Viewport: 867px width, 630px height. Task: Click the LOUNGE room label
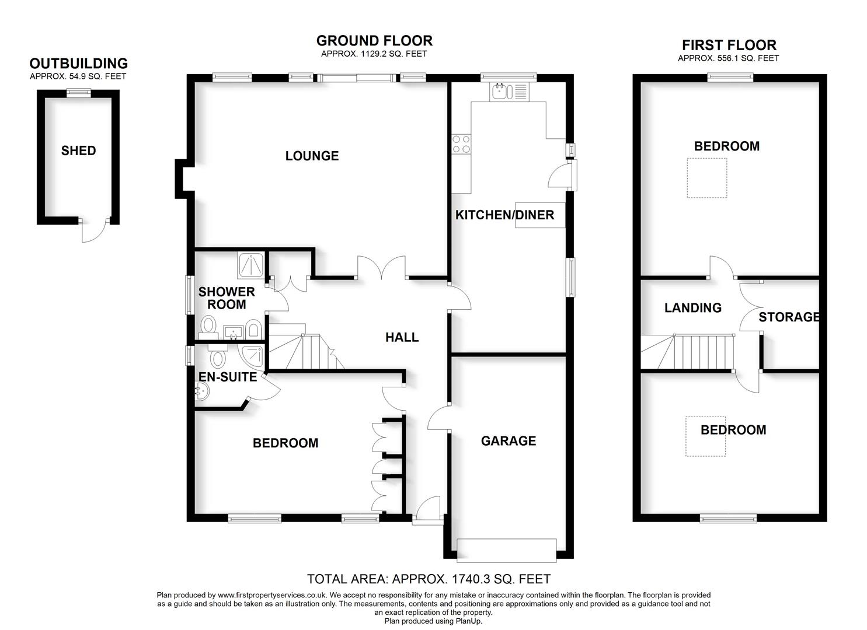point(312,156)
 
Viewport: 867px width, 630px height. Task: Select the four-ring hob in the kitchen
point(461,143)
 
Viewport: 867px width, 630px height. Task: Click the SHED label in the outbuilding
point(78,150)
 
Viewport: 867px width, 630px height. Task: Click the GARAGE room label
point(508,441)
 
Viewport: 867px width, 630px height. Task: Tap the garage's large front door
point(507,550)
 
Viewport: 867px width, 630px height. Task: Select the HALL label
point(402,337)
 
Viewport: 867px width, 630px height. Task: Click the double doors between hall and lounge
point(381,269)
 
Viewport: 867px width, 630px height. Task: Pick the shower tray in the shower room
point(251,265)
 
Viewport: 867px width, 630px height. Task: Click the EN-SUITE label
point(228,377)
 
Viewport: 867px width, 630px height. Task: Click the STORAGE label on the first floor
point(789,317)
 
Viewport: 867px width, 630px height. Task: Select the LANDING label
point(692,307)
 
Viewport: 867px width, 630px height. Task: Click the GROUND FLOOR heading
point(374,40)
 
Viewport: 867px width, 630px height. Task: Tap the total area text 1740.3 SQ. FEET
point(429,579)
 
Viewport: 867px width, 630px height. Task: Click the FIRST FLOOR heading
point(729,45)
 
